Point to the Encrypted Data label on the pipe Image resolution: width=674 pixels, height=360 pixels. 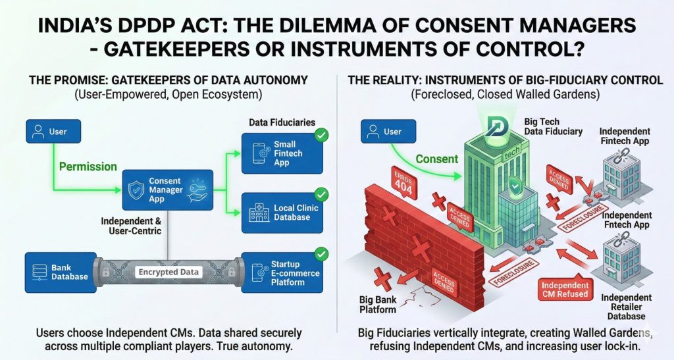pos(169,271)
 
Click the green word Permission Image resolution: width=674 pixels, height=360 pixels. pos(88,167)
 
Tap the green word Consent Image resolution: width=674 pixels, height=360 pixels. pos(437,159)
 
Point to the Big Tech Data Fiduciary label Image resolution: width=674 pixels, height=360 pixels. pos(553,126)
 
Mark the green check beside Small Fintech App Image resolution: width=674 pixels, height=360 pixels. pos(322,136)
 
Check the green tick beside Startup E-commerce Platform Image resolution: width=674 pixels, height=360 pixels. pos(322,253)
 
